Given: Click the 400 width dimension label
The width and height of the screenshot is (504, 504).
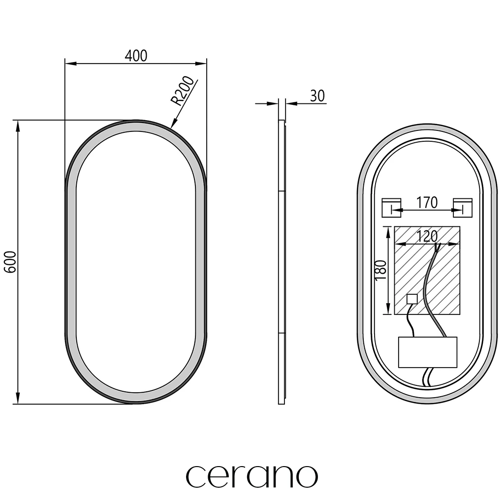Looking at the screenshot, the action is coord(136,56).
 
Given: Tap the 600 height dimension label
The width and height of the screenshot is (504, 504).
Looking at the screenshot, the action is coord(10,262).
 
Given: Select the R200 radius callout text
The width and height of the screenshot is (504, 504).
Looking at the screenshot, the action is coord(182,91).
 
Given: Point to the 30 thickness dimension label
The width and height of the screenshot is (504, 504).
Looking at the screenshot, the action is coord(317,96).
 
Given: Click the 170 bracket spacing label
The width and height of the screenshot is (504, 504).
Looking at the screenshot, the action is coord(427,202).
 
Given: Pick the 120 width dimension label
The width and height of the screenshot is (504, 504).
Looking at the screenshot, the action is coord(427,236).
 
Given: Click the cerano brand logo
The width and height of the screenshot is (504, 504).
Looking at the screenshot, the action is coord(252,476).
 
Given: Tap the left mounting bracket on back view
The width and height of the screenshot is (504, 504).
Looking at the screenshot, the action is coord(391,208).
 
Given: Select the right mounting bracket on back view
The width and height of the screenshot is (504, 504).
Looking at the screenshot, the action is coord(463,208).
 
